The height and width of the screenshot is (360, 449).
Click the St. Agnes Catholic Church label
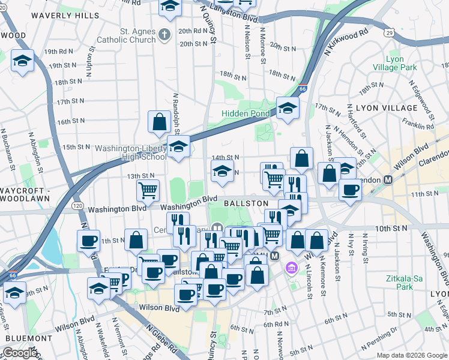129,35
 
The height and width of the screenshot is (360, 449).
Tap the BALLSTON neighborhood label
246,203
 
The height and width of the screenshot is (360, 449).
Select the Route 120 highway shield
77,205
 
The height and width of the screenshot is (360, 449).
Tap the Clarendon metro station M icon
388,179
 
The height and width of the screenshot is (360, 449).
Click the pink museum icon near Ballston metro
292,267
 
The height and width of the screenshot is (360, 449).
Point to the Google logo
20,353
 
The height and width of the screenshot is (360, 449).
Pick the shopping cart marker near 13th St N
148,191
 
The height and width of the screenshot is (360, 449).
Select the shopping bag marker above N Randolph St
159,122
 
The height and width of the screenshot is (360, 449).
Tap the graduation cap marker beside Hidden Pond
288,109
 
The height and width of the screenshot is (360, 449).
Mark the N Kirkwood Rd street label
346,43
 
